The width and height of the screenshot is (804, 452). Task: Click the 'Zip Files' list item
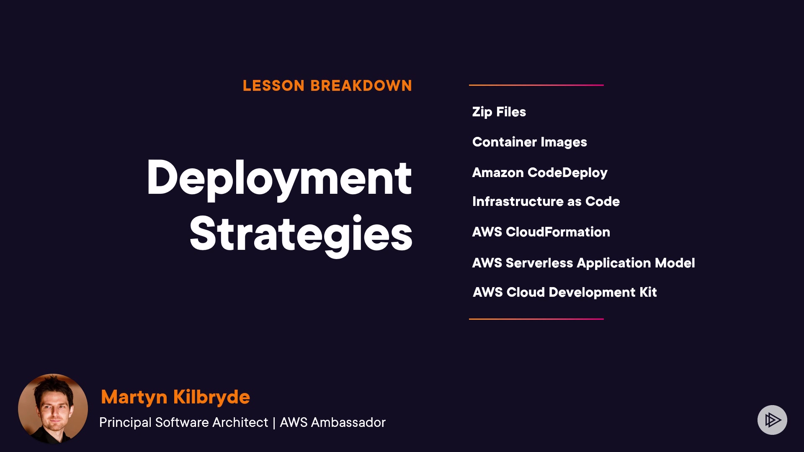click(499, 112)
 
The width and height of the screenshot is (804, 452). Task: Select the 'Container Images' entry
click(530, 142)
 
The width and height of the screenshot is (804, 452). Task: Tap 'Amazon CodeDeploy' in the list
click(540, 173)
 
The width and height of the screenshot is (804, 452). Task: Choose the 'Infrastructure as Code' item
click(546, 201)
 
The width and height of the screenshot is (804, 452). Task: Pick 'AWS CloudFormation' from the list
click(541, 232)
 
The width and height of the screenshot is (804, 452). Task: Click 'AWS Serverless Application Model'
click(584, 263)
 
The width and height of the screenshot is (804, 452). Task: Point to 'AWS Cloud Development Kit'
click(565, 292)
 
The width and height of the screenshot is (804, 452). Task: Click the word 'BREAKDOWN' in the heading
click(361, 86)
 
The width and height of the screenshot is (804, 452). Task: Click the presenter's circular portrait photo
click(53, 408)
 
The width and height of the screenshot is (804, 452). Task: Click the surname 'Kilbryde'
click(211, 397)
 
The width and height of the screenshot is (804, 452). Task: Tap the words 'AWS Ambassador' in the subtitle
click(332, 423)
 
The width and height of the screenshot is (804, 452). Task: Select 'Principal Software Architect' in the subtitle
click(183, 423)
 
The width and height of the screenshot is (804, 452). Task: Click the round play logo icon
click(772, 420)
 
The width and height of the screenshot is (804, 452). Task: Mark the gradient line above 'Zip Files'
click(536, 85)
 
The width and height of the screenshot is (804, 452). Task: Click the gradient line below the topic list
click(536, 319)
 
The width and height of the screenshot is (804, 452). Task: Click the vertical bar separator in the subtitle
click(274, 423)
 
